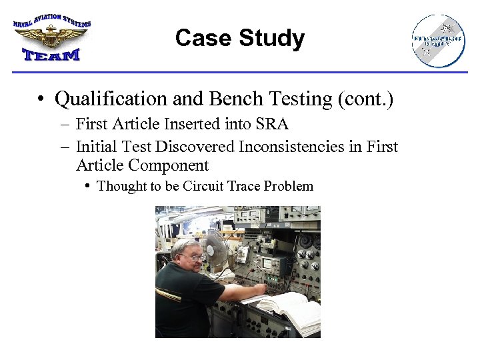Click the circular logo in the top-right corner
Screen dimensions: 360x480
[438, 41]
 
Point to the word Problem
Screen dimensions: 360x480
[289, 186]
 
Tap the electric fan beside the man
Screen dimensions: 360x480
[215, 247]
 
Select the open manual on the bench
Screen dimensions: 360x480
[290, 310]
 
